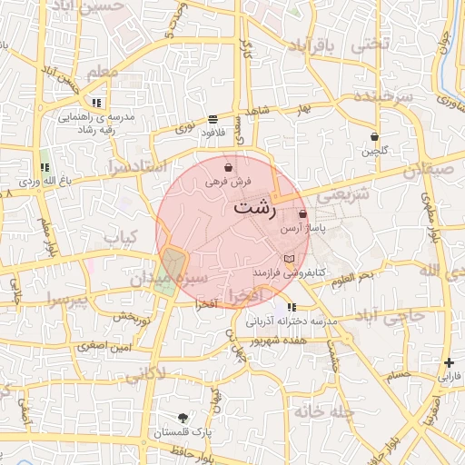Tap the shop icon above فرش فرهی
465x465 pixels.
point(227,168)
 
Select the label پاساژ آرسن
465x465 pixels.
point(303,228)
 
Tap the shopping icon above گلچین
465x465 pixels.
point(374,137)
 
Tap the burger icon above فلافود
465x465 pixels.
point(213,119)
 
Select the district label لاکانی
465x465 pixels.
point(144,372)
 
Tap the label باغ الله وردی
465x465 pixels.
point(30,182)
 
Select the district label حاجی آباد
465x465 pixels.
point(391,317)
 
